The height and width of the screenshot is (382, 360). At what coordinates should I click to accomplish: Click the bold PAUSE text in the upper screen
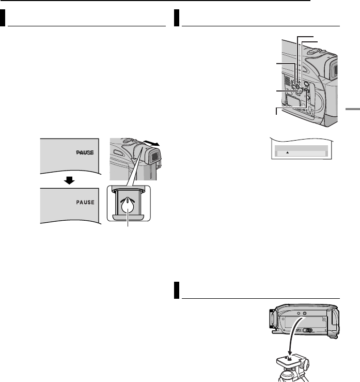click(83, 154)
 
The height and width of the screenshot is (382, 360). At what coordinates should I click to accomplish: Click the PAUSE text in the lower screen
click(83, 203)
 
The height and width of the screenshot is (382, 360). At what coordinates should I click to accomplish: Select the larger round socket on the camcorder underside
click(304, 314)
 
